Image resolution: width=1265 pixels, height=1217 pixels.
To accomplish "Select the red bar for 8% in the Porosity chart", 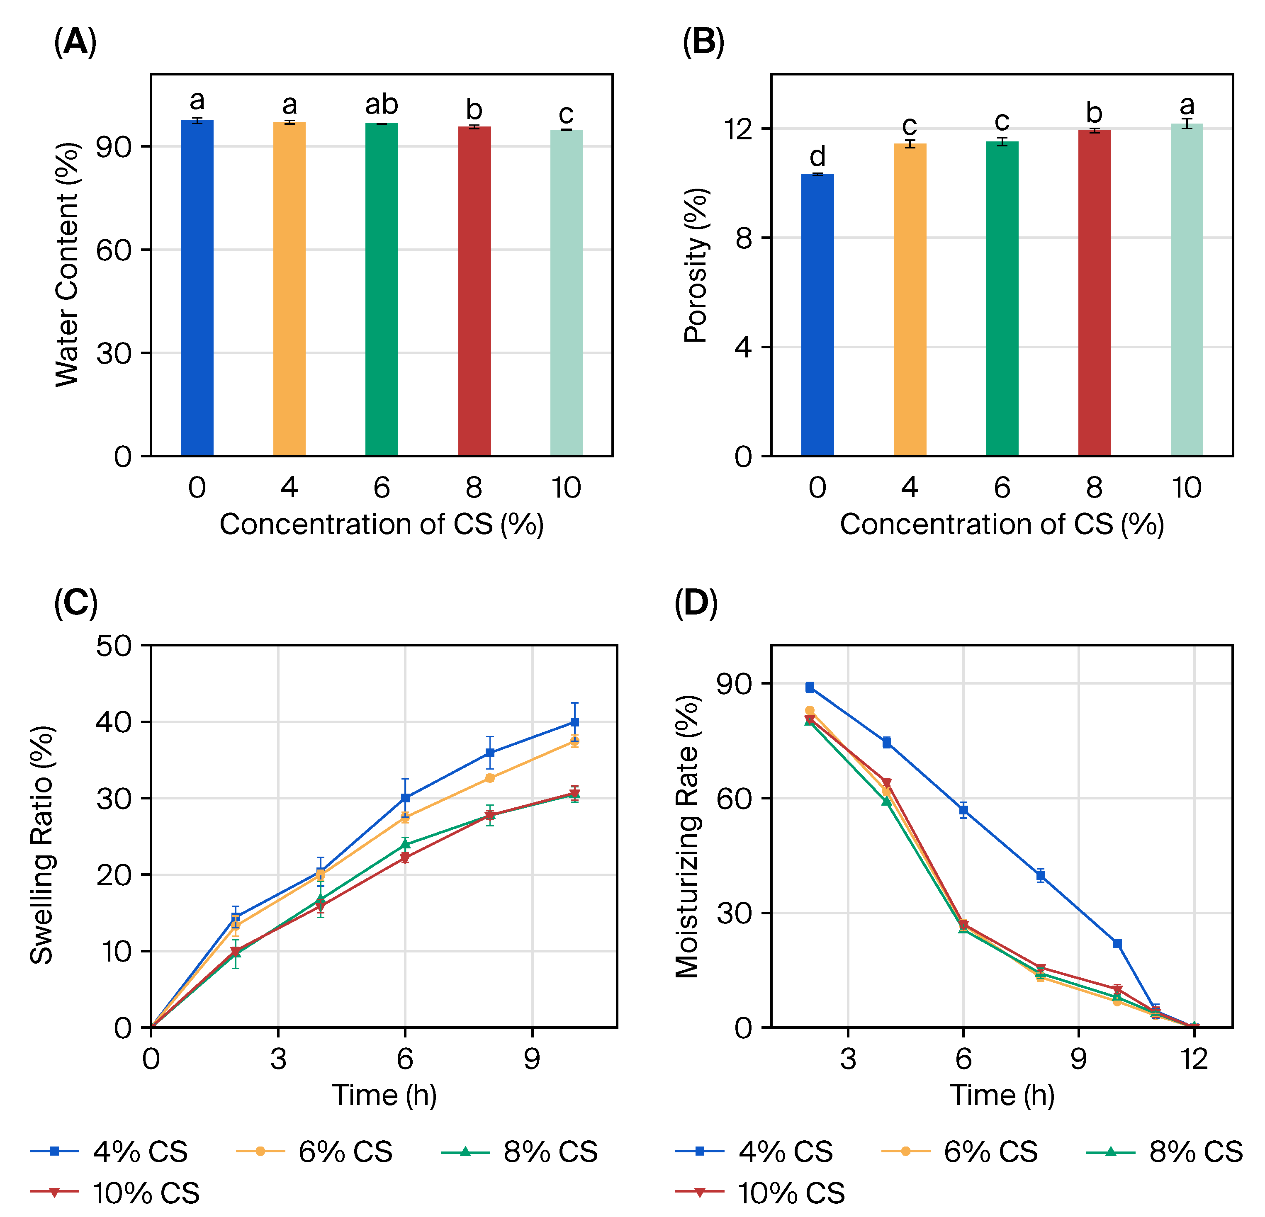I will click(1094, 293).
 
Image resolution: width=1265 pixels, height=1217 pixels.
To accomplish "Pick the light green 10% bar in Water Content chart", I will click(566, 293).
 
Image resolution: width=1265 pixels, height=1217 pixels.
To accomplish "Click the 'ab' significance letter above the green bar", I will click(382, 104).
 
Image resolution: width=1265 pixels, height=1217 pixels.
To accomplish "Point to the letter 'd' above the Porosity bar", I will click(817, 157).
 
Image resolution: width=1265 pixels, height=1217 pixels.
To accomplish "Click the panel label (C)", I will click(75, 603).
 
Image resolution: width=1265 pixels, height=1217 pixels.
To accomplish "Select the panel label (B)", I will click(703, 43).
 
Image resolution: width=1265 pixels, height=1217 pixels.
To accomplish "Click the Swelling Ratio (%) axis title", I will click(42, 845).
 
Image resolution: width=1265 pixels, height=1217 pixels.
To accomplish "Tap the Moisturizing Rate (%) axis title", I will click(687, 837).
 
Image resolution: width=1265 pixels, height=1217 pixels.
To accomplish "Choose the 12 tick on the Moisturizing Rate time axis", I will click(1194, 1059).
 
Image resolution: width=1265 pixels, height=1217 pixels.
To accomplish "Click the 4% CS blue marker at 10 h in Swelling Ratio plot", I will click(574, 722).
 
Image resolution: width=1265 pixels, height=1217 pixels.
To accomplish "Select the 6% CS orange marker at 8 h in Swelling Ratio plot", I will click(490, 778).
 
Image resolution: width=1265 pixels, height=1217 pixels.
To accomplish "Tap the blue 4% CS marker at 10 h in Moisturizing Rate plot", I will click(1117, 943).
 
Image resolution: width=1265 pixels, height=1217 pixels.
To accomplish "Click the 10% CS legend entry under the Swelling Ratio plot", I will click(116, 1193).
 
